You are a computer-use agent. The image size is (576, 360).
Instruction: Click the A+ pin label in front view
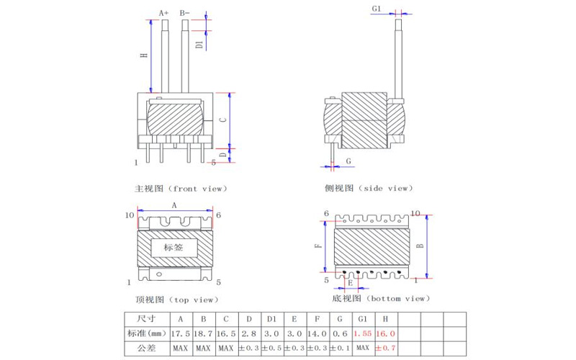pos(164,13)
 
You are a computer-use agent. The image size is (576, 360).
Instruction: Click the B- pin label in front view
pos(184,13)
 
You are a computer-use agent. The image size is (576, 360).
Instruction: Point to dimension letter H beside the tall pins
pos(145,55)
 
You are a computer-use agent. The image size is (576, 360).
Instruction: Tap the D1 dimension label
pos(199,45)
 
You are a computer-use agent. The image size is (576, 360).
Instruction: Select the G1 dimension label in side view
pos(377,9)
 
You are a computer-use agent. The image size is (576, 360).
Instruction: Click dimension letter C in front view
pos(222,120)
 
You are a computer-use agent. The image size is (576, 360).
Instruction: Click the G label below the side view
pos(348,161)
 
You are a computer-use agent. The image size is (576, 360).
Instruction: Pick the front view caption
pos(181,189)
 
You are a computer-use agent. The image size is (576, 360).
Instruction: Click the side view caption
pos(369,188)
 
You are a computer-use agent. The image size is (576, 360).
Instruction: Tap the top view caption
pos(177,300)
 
